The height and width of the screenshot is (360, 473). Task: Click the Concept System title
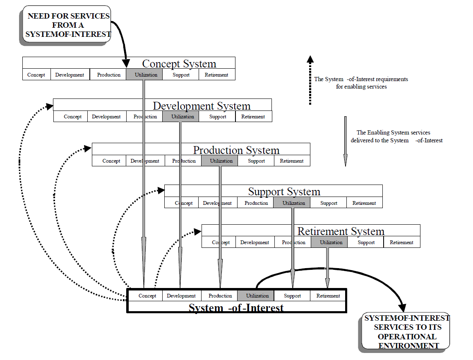[179, 64]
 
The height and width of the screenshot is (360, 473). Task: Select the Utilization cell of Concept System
[144, 75]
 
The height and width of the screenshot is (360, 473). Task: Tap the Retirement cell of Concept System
[216, 75]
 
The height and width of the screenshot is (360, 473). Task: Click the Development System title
[202, 106]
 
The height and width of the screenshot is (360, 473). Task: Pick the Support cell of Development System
[218, 117]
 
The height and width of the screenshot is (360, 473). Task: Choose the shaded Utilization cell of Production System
[220, 161]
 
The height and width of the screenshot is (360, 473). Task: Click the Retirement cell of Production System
[292, 161]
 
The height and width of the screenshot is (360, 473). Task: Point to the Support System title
[284, 192]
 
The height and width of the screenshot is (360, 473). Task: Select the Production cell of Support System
[256, 203]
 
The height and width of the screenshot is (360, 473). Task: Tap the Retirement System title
[341, 231]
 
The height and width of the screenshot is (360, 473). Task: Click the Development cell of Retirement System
[255, 242]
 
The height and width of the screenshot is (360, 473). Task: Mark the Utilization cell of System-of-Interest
[257, 296]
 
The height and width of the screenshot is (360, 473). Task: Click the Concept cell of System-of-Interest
[147, 296]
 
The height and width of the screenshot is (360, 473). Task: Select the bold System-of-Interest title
[236, 307]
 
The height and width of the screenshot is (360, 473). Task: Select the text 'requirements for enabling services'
[361, 83]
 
